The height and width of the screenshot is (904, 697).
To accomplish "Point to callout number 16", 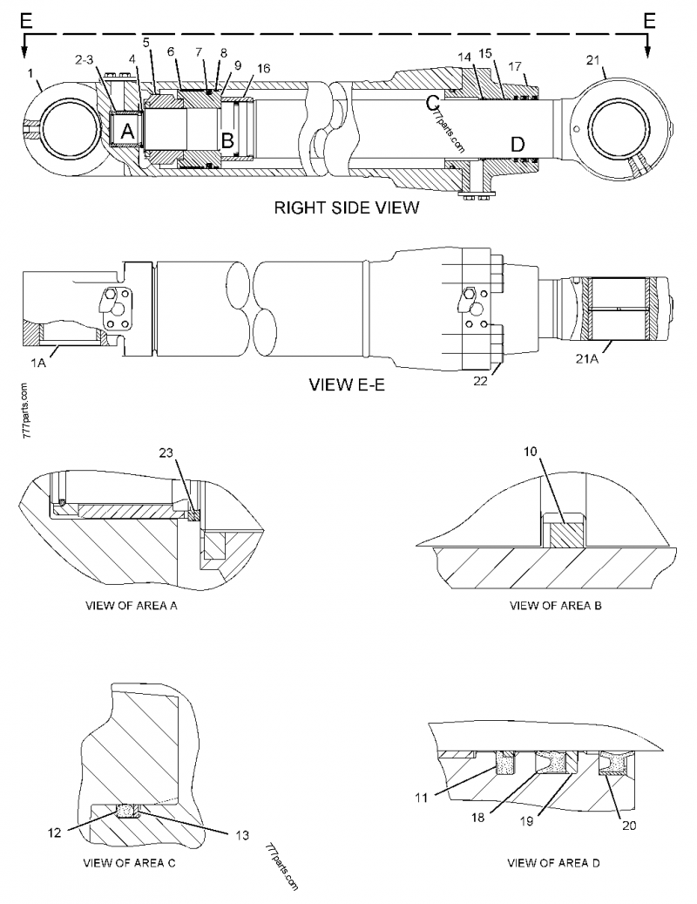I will (262, 67).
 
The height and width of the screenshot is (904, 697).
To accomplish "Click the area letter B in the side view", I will (227, 139).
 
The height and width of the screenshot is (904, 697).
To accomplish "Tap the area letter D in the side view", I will (517, 144).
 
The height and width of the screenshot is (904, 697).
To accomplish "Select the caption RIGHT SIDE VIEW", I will (347, 207).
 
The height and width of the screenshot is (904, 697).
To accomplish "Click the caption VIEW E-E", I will (346, 384).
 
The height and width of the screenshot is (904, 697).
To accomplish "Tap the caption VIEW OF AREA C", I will (129, 864).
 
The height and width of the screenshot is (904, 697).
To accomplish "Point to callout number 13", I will (243, 833).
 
